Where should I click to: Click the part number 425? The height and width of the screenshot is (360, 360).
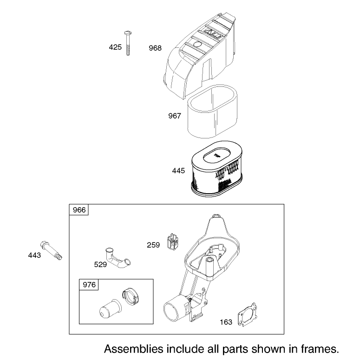(x=115, y=47)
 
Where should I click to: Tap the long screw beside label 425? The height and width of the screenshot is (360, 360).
(x=128, y=43)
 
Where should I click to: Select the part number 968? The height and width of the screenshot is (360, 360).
(x=155, y=48)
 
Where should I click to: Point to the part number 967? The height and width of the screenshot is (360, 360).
(x=175, y=116)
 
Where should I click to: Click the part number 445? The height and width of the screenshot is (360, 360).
(x=178, y=170)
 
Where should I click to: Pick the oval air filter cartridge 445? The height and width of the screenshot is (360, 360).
(x=216, y=169)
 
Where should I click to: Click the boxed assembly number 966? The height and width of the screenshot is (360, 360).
(x=79, y=210)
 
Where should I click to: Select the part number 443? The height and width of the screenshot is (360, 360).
(x=34, y=255)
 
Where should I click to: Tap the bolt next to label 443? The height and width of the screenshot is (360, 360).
(x=51, y=250)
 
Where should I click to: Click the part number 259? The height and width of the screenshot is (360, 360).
(x=153, y=245)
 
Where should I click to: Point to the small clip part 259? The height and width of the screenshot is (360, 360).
(x=172, y=242)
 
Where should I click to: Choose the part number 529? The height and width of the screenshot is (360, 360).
(x=100, y=264)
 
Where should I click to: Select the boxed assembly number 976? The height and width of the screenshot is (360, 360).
(x=89, y=285)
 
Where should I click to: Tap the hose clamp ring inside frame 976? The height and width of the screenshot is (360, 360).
(x=130, y=297)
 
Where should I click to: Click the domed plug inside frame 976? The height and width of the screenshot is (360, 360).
(x=111, y=309)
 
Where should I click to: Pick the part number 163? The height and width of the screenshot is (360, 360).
(x=226, y=322)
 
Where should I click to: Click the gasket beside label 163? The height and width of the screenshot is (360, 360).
(x=248, y=314)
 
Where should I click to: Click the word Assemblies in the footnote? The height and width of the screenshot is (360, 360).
(x=134, y=349)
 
